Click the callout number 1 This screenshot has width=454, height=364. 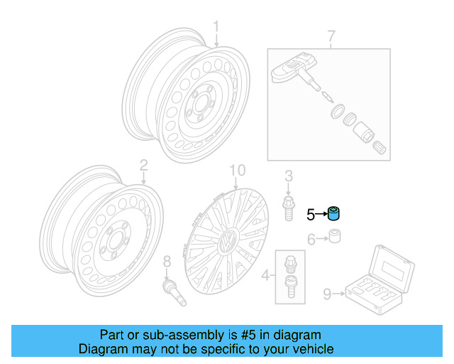pyautogui.click(x=217, y=28)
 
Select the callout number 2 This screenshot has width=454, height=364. pyautogui.click(x=143, y=166)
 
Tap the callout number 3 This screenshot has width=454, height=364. pyautogui.click(x=289, y=176)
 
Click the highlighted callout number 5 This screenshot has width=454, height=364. pyautogui.click(x=311, y=213)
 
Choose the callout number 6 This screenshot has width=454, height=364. pyautogui.click(x=311, y=240)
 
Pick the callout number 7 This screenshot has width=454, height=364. pyautogui.click(x=331, y=36)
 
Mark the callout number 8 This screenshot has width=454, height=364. pyautogui.click(x=167, y=261)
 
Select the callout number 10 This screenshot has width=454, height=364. pyautogui.click(x=237, y=170)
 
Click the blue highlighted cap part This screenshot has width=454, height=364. pyautogui.click(x=333, y=213)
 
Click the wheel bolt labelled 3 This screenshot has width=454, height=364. pyautogui.click(x=289, y=208)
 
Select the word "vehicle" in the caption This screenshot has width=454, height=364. pyautogui.click(x=311, y=349)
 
